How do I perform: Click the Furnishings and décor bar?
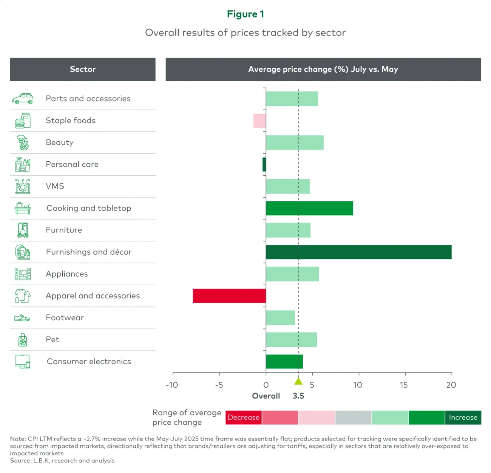tap(358, 252)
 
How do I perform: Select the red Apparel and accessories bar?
tap(229, 296)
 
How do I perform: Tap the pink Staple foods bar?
tap(259, 121)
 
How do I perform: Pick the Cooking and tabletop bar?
tap(309, 208)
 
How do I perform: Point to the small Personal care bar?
tap(264, 164)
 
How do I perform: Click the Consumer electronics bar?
tap(284, 362)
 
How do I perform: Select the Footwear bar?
tap(280, 318)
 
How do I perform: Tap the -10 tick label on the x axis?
tap(172, 385)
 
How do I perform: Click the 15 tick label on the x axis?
tap(404, 385)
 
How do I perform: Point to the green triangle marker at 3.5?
tap(298, 382)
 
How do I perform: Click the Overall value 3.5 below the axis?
tap(298, 396)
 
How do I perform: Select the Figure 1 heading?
tap(246, 14)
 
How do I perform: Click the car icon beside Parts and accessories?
tap(23, 99)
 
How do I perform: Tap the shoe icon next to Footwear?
tap(22, 318)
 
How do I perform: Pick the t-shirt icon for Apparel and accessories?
tap(22, 296)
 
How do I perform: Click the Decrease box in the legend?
tap(244, 417)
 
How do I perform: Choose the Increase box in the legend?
tap(463, 417)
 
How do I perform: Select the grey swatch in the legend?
tap(353, 417)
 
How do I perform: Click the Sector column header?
tap(83, 69)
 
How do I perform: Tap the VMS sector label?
tap(55, 186)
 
